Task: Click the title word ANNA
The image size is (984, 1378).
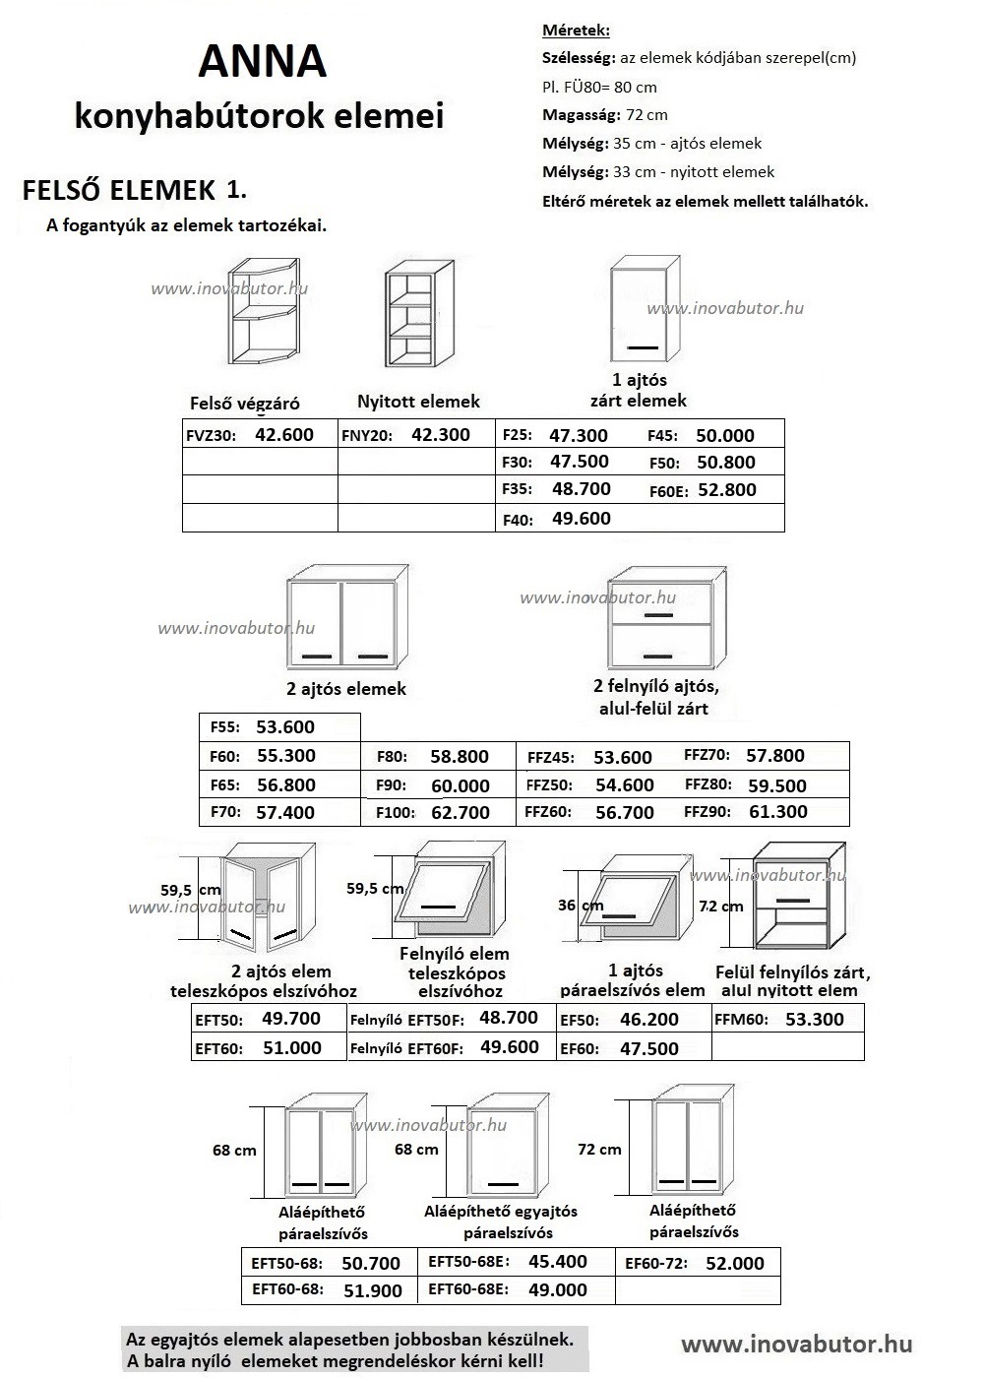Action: (262, 62)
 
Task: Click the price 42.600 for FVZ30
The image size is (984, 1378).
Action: (283, 434)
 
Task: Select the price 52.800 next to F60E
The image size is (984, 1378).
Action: (726, 489)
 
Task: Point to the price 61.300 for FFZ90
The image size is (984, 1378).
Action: (777, 811)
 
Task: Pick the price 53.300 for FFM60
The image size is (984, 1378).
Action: (815, 1019)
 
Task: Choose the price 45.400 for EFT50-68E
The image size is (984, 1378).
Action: (558, 1261)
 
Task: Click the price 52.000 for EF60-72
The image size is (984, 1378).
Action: (735, 1263)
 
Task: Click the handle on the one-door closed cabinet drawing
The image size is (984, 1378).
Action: (644, 347)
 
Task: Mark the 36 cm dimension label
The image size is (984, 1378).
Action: (581, 905)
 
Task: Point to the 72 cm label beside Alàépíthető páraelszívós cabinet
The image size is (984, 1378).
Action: (599, 1149)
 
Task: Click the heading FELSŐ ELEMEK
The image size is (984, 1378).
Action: (118, 190)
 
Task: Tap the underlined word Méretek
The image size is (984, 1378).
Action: (576, 31)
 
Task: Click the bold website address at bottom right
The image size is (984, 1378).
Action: (796, 1344)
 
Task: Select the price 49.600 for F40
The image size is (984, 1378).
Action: (581, 518)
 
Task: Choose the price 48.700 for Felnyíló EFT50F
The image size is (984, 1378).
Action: (509, 1017)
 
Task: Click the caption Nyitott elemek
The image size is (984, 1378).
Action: (418, 401)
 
